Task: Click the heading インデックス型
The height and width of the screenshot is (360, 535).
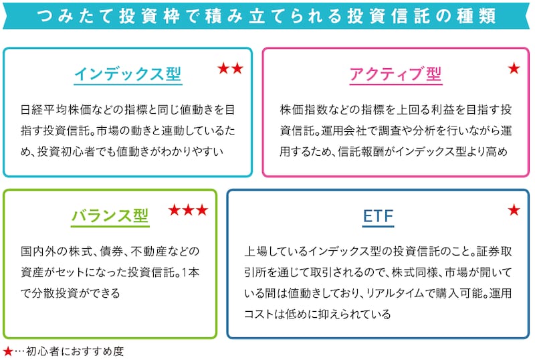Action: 127,74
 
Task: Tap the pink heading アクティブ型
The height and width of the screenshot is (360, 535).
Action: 396,74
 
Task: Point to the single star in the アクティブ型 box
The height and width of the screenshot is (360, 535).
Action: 514,68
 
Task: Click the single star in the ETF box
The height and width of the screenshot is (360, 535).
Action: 514,210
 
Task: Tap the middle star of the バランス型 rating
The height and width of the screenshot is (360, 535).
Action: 188,210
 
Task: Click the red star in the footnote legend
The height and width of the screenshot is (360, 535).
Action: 7,351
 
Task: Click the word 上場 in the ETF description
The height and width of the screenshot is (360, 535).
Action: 255,252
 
